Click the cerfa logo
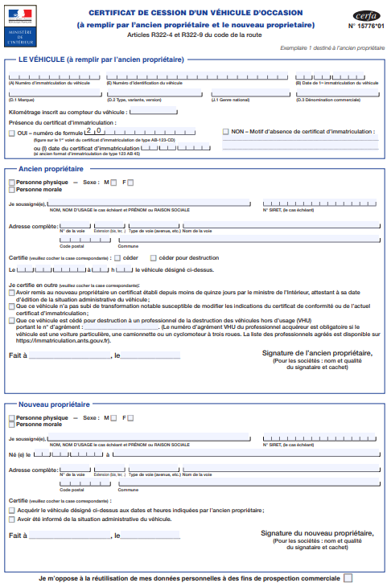coord(365,15)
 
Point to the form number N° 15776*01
coord(367,27)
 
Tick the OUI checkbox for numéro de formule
coord(11,132)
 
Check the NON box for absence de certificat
coord(225,131)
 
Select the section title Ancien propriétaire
coord(51,170)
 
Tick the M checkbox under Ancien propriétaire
coord(113,183)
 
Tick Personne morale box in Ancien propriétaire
coord(11,190)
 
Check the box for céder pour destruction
coord(155,257)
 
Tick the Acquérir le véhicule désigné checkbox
coord(11,510)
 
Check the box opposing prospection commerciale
coord(348,577)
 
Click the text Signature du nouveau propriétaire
coord(317,533)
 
